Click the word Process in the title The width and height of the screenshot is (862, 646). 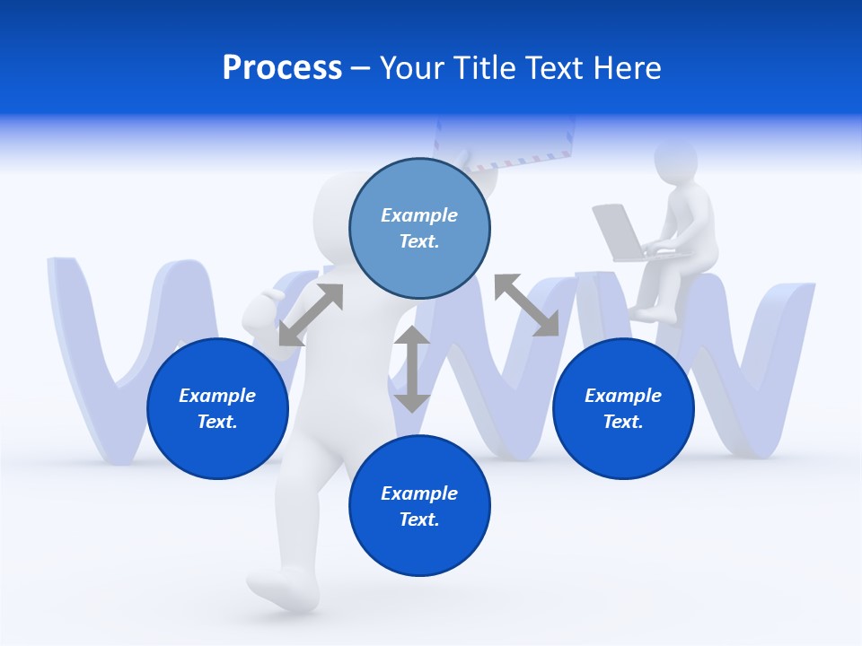282,68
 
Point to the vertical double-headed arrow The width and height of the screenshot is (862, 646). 412,369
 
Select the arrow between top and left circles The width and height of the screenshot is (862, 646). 311,315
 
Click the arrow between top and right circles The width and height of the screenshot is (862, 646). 526,306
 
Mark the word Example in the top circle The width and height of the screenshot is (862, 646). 419,215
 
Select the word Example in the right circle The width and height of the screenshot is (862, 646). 623,396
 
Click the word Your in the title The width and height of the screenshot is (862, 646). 410,68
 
